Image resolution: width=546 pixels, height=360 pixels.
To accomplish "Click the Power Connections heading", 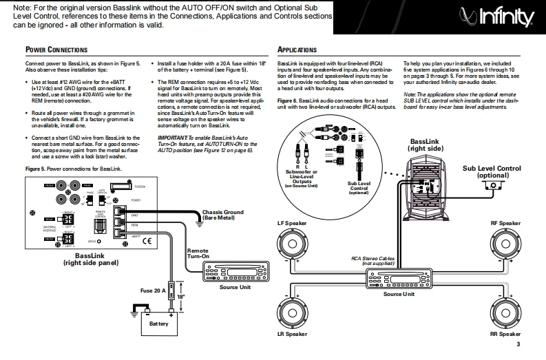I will point(56,50).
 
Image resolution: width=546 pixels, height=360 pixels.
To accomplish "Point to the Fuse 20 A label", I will point(154,291).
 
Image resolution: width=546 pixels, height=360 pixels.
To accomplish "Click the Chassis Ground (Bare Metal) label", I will point(223,214).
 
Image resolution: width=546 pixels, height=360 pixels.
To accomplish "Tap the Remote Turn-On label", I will point(198,255).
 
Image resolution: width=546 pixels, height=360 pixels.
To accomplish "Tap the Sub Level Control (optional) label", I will point(492,171).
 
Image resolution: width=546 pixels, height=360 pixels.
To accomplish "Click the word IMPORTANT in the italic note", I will point(171,138).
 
